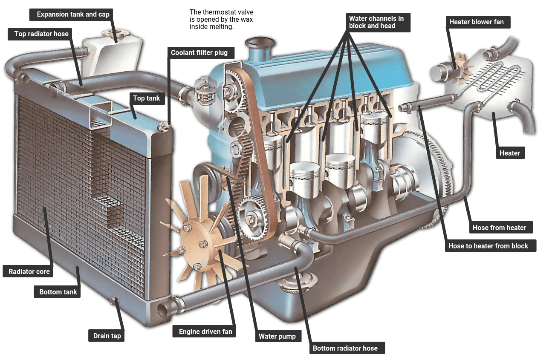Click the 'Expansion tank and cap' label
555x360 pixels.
coord(73,14)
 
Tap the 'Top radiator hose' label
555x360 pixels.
coord(41,34)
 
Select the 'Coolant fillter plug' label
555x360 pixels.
coord(199,53)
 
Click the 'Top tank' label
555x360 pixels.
coord(146,98)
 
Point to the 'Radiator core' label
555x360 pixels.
coord(29,272)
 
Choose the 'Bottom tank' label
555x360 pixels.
coord(58,292)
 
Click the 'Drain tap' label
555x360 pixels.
coord(107,336)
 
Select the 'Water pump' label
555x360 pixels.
coord(277,337)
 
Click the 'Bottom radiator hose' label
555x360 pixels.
coord(345,348)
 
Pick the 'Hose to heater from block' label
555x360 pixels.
coord(488,246)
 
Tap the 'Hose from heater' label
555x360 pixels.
coord(499,228)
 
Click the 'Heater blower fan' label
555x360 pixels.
coord(476,22)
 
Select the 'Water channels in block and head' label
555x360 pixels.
coord(376,22)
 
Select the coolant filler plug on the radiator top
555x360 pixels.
coord(165,126)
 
